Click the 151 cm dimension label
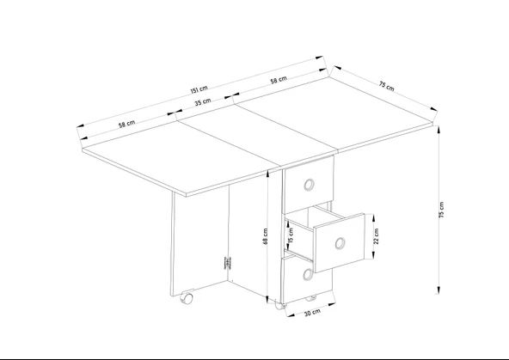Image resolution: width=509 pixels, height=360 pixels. click(x=199, y=90)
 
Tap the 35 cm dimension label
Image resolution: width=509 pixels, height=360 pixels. click(x=203, y=102)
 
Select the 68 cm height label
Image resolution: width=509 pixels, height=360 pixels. click(x=265, y=236)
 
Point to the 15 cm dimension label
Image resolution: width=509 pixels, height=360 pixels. click(x=291, y=235)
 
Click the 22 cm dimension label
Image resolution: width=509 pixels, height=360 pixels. click(x=377, y=236)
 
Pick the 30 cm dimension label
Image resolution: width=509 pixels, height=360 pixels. click(x=313, y=313)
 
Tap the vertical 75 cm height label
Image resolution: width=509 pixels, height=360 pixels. click(x=441, y=210)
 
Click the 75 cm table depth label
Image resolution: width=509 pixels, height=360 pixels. click(x=387, y=86)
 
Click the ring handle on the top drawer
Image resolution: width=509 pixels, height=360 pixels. click(x=310, y=185)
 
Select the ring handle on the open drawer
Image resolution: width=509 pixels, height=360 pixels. click(x=340, y=243)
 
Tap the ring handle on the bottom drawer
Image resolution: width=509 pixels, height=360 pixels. click(x=308, y=275)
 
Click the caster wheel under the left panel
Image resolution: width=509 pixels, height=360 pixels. click(x=187, y=298)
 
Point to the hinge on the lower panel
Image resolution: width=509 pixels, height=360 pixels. click(x=228, y=263)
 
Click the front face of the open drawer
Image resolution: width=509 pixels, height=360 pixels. click(x=340, y=243)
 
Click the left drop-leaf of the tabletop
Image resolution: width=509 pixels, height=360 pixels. click(x=181, y=160)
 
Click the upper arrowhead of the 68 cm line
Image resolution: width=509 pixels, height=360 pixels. click(x=267, y=174)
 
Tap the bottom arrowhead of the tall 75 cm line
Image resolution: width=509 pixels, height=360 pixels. click(x=438, y=290)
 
